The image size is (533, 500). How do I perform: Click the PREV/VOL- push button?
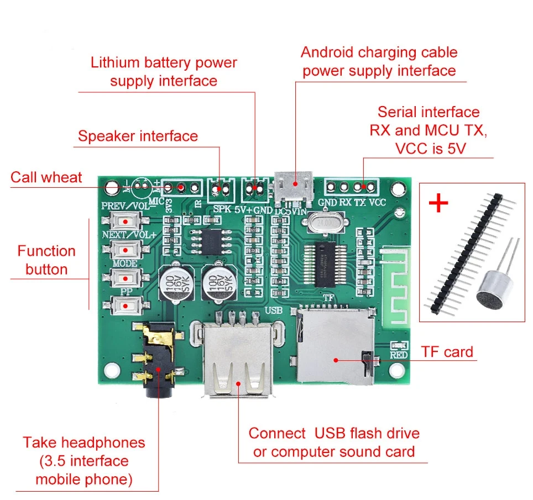click(126, 221)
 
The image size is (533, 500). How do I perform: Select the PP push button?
click(126, 305)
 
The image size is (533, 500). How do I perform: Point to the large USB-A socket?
click(238, 359)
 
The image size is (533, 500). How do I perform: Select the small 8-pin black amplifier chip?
click(210, 241)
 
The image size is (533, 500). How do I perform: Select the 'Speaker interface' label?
click(138, 136)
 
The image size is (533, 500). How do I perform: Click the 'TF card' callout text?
click(447, 352)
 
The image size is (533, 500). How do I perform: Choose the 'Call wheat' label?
click(46, 177)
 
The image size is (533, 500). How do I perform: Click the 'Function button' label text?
click(46, 260)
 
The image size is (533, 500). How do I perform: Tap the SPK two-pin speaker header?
click(221, 189)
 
